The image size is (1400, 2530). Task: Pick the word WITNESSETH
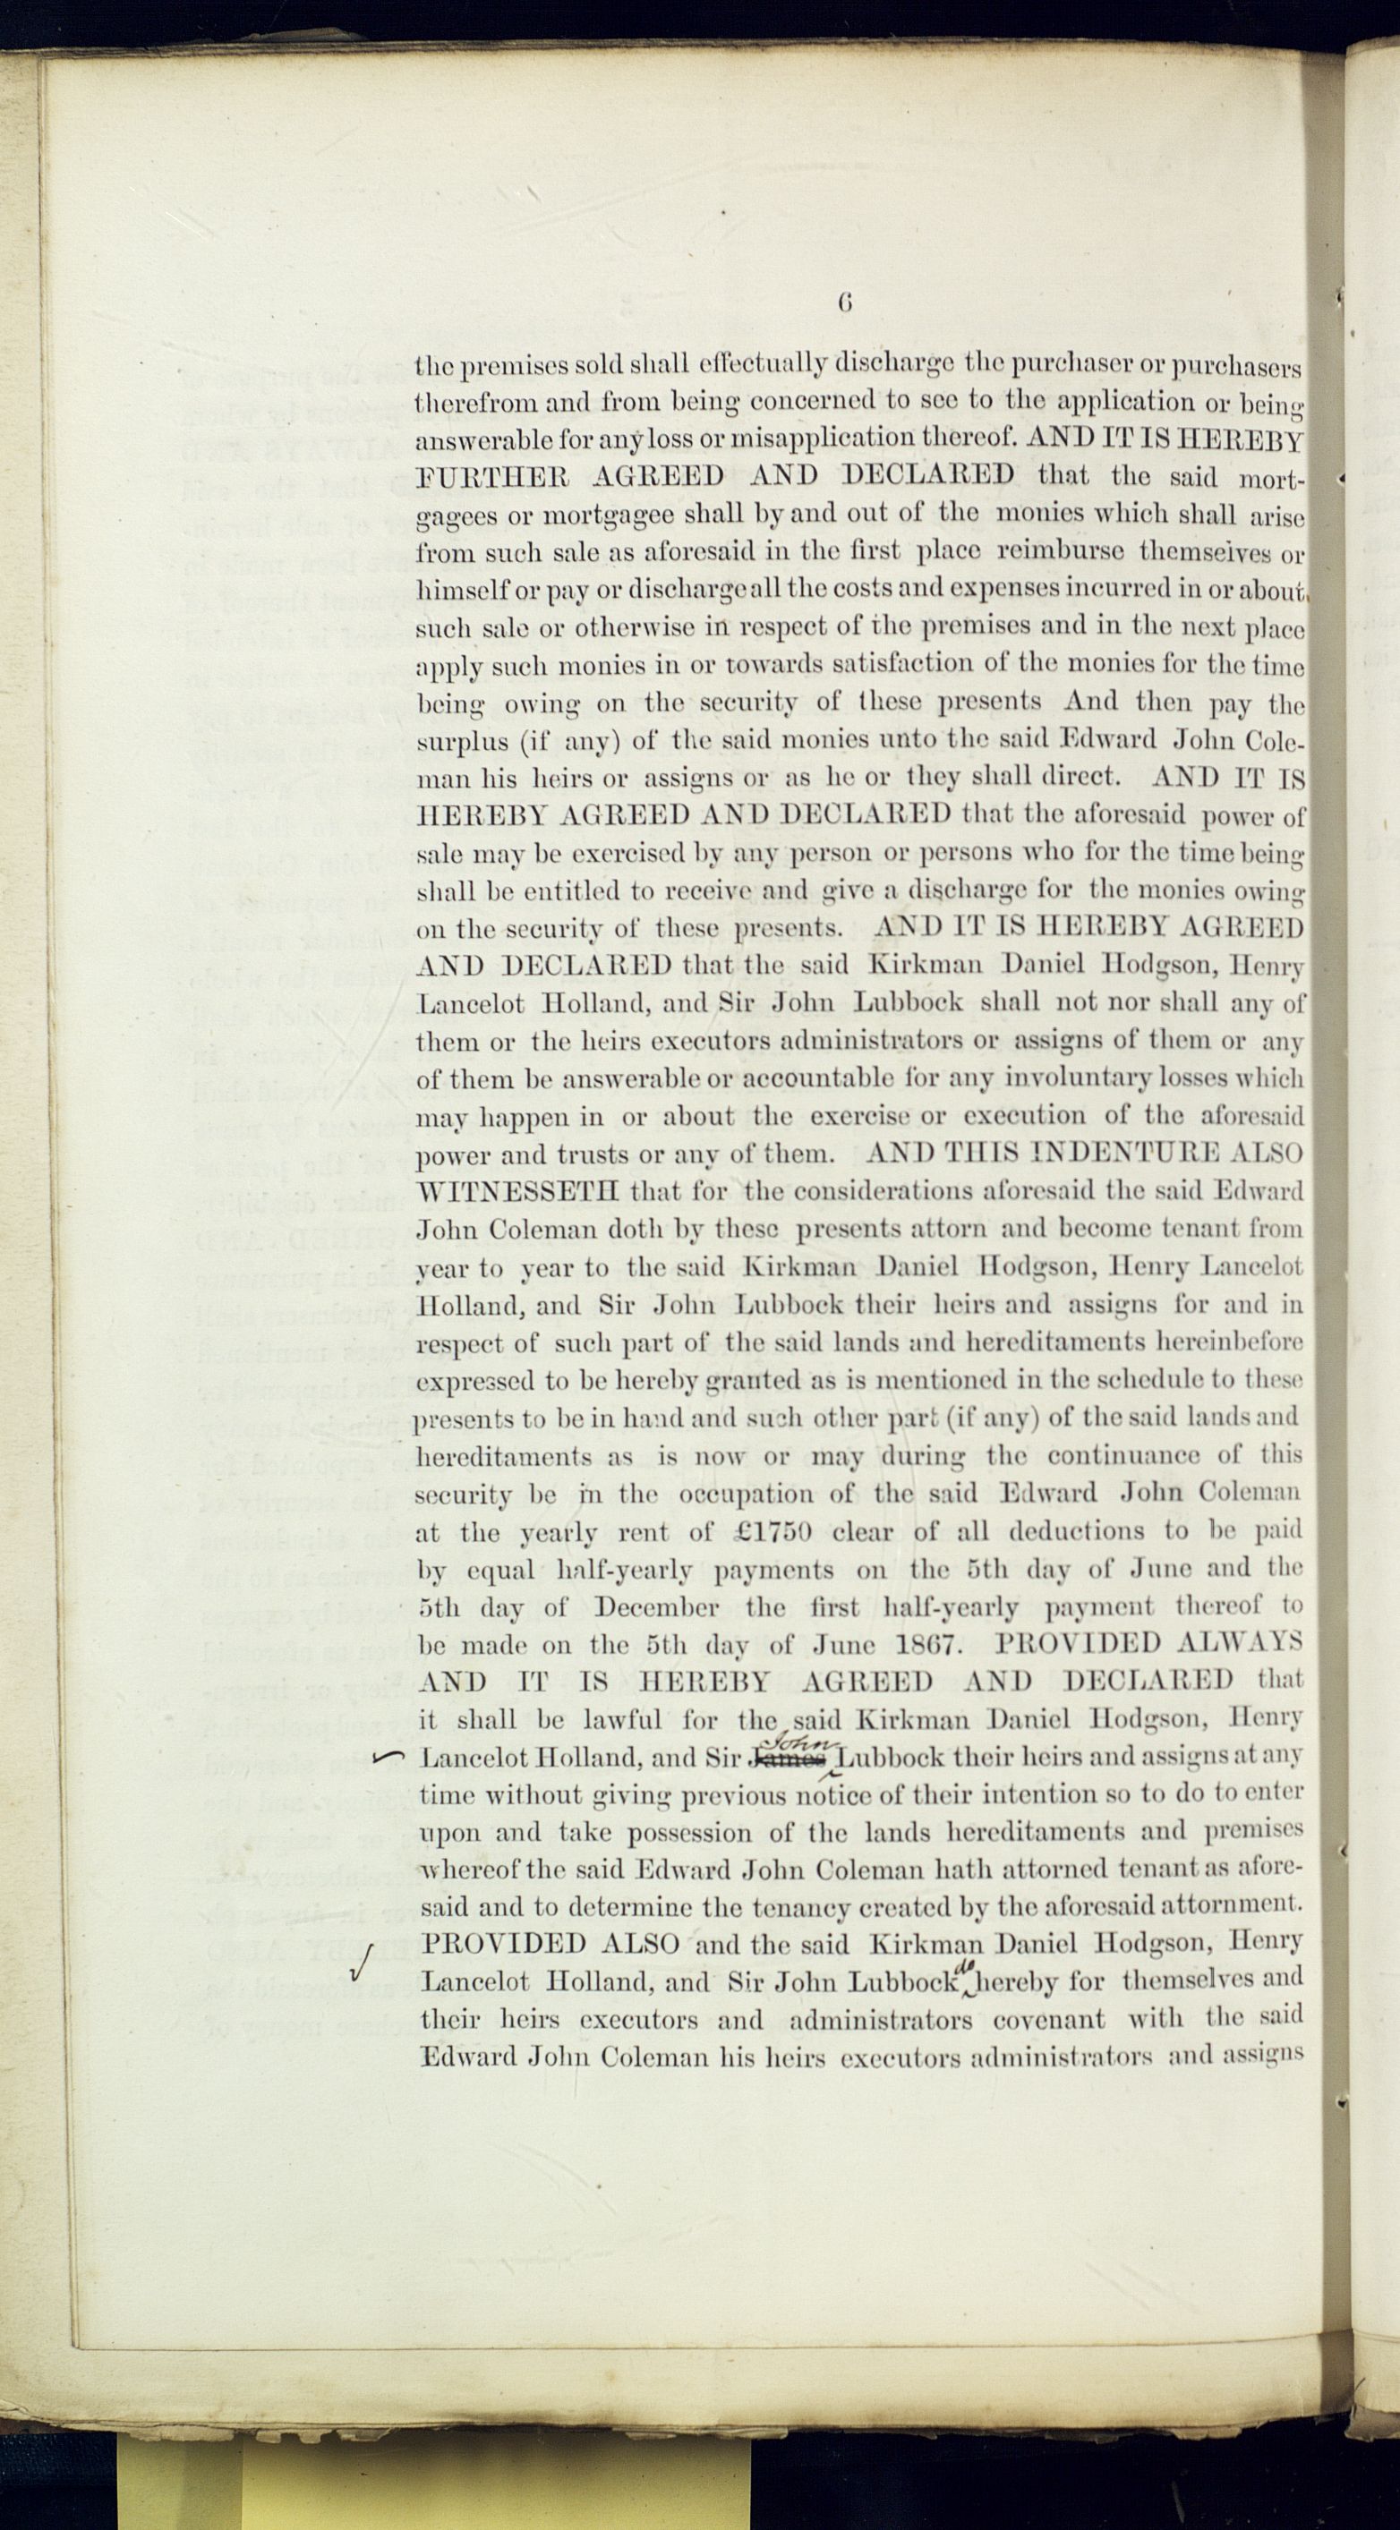pos(517,1192)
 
